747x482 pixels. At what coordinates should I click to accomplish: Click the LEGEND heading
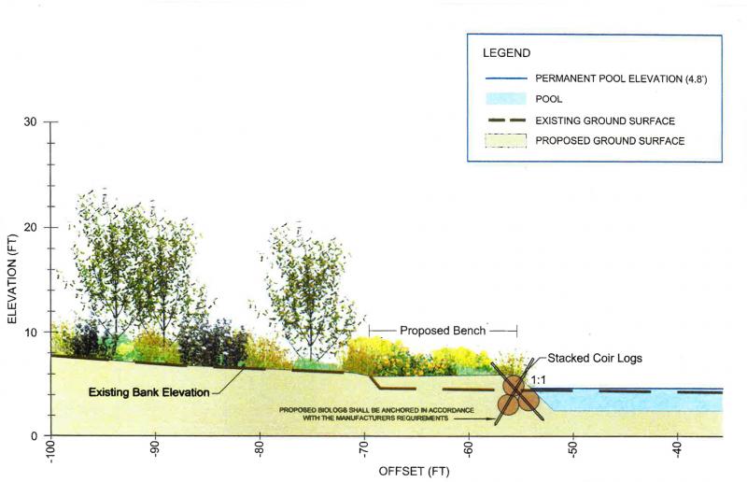tap(506, 53)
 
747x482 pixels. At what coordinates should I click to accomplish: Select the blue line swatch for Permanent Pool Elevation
tap(506, 78)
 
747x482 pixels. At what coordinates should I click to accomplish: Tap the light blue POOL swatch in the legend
tap(506, 99)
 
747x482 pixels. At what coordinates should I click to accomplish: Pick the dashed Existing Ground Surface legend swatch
tap(506, 120)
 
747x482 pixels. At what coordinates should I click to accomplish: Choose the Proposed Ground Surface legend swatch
tap(506, 141)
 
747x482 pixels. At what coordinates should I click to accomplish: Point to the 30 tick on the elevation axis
tap(30, 122)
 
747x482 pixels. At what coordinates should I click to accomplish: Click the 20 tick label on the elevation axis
tap(30, 227)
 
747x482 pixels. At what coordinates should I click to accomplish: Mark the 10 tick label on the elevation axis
tap(30, 332)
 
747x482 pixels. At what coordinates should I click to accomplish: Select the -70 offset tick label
tap(364, 449)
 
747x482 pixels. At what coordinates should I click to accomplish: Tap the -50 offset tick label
tap(573, 449)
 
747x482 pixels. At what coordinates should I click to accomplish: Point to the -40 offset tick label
tap(678, 449)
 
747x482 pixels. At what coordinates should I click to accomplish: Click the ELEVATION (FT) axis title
tap(12, 279)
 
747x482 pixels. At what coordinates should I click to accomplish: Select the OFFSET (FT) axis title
tap(414, 472)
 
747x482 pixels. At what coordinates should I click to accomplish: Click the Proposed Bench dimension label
tap(443, 331)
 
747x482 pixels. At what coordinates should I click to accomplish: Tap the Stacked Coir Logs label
tap(595, 358)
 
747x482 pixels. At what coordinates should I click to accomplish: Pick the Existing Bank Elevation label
tap(149, 392)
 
